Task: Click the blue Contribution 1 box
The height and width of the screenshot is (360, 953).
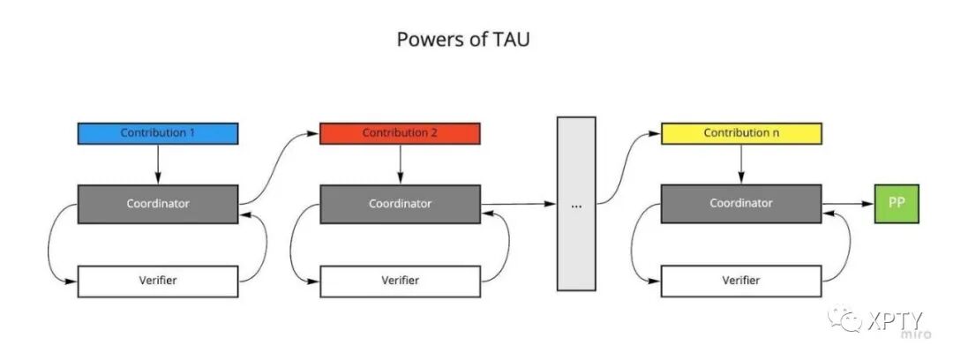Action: coord(158,133)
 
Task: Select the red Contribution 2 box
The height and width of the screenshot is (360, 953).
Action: coord(400,133)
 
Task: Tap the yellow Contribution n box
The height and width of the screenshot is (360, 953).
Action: coord(741,133)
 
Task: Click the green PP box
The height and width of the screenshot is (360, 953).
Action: coord(897,203)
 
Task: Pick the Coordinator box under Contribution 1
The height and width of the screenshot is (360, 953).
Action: coord(158,203)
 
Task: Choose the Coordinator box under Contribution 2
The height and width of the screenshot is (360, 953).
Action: coord(400,203)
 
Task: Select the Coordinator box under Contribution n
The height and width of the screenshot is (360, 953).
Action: coord(741,203)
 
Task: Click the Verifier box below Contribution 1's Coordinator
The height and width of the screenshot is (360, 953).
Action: coord(158,281)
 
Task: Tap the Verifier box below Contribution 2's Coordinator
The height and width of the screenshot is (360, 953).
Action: coord(400,281)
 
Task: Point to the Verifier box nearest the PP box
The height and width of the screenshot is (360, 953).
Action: coord(741,281)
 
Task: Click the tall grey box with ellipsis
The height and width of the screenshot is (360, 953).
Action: coord(576,204)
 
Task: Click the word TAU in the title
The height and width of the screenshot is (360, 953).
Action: coord(511,40)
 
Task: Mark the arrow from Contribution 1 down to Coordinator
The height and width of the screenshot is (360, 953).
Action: coord(158,164)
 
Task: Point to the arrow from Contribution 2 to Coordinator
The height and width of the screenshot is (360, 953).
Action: coord(400,164)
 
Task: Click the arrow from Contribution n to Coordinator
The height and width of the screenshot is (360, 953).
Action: coord(741,164)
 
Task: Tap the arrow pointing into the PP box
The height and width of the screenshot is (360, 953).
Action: coord(847,203)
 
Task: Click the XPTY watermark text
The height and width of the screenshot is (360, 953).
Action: coord(893,319)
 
